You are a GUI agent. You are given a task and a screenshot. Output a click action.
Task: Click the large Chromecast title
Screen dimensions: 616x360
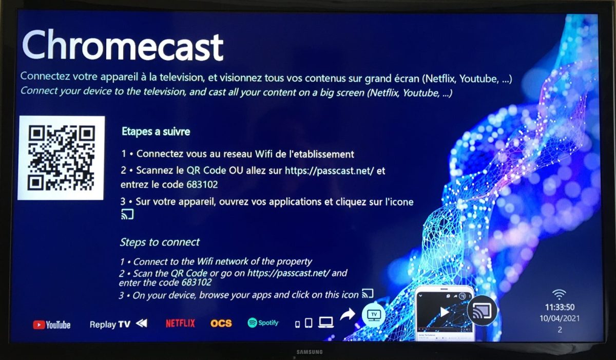coord(123,46)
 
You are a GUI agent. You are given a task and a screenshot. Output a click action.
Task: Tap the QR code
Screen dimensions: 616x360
coord(61,158)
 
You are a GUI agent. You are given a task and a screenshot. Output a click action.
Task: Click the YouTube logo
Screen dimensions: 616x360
coord(52,325)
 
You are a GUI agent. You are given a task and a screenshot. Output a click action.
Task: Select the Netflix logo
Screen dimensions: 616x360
coord(180,324)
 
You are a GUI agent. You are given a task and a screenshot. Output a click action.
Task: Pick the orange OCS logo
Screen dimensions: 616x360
coord(221,324)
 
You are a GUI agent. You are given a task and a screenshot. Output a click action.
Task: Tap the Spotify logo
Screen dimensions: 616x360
coord(263,323)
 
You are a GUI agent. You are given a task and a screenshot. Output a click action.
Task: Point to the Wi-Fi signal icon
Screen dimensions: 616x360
coord(559,295)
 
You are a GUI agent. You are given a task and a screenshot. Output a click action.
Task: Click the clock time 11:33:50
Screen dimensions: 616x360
coord(560,307)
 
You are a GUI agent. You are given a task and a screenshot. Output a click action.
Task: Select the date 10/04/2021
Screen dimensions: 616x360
coord(560,318)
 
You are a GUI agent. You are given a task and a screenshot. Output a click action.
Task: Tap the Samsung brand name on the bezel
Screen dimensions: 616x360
coord(310,352)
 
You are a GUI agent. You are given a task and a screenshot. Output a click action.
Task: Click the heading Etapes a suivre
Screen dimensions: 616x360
coord(156,131)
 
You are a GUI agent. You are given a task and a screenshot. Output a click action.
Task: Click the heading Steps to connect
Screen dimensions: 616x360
coord(160,242)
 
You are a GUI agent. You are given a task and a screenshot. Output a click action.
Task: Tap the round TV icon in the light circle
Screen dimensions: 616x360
coord(374,315)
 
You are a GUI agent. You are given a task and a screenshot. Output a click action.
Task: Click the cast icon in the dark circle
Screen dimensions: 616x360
coord(482,311)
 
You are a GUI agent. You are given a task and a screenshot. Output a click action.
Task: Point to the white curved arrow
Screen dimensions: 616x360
coord(348,314)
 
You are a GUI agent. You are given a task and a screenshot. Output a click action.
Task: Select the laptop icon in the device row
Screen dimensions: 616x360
coord(326,323)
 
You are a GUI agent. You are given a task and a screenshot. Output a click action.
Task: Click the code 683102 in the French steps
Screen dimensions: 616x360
coord(202,184)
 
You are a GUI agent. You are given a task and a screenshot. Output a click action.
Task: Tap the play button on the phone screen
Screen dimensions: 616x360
coord(445,312)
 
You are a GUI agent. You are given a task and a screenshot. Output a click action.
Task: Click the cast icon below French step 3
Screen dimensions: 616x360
coord(127,214)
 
